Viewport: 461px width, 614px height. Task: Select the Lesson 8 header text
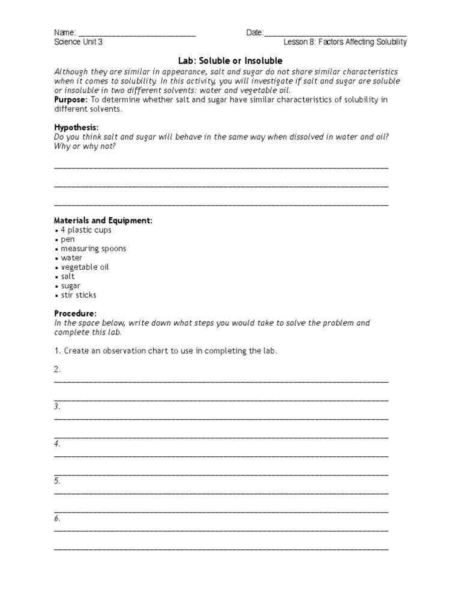(345, 43)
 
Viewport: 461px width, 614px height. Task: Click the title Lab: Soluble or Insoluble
(230, 61)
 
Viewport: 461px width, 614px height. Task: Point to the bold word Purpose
(71, 100)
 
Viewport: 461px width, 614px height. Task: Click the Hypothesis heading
(76, 128)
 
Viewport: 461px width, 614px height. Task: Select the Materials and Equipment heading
(103, 221)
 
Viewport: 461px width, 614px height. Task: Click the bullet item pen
(67, 239)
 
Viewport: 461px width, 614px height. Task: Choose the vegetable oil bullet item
(85, 267)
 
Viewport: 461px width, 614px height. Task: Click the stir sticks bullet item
(78, 295)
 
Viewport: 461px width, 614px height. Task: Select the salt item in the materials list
(67, 276)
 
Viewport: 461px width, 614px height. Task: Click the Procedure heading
(75, 314)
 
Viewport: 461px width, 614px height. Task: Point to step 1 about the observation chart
(166, 351)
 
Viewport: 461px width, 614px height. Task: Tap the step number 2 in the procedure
(58, 369)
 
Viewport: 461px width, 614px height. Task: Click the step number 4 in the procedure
(57, 444)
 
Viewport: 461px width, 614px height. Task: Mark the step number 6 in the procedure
(57, 518)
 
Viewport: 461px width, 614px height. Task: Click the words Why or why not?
(85, 146)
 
